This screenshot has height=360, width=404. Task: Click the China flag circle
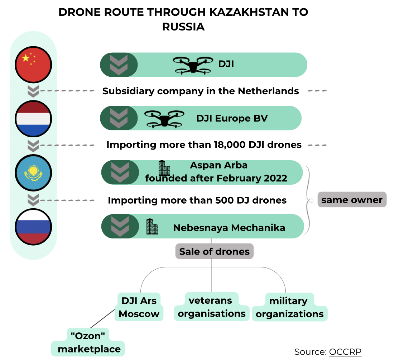click(34, 65)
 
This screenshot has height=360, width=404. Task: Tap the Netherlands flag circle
click(34, 119)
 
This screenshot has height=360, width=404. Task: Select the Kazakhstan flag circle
click(34, 173)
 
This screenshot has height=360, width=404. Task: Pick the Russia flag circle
click(34, 227)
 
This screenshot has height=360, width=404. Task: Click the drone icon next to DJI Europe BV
click(164, 119)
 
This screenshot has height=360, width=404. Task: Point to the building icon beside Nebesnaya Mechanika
click(152, 226)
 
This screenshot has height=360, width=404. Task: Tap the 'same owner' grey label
click(352, 199)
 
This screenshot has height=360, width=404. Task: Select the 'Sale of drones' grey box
click(215, 251)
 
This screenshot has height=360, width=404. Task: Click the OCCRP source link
click(345, 352)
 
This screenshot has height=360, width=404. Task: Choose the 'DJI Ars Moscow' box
click(139, 307)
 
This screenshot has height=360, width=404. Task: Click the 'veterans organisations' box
click(212, 307)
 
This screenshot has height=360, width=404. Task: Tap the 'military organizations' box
click(290, 307)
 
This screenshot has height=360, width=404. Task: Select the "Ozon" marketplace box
click(88, 342)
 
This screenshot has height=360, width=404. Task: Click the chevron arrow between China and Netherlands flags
click(33, 91)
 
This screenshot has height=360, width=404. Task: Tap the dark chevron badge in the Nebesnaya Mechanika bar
click(120, 226)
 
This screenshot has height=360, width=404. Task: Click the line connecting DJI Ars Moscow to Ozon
click(102, 319)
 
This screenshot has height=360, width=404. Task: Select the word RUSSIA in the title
click(183, 27)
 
